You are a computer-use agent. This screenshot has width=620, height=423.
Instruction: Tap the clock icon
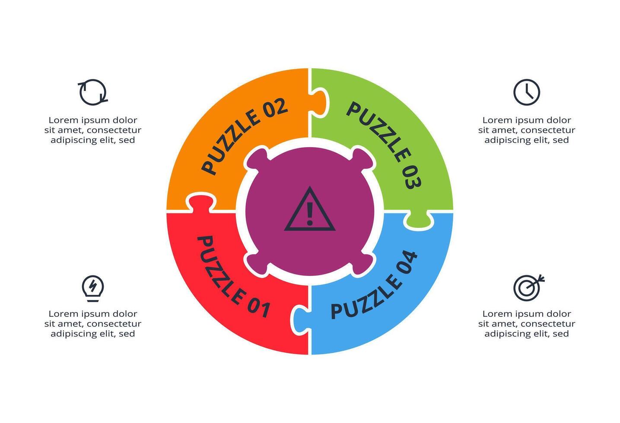(x=526, y=92)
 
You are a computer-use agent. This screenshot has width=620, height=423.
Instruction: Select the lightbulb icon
(x=93, y=288)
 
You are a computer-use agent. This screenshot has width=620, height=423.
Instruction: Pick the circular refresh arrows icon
(x=93, y=92)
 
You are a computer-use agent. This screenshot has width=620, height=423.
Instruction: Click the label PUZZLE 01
(x=233, y=277)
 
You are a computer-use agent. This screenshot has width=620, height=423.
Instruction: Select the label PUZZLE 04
(x=374, y=285)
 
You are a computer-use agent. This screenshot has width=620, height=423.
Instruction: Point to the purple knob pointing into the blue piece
(x=362, y=264)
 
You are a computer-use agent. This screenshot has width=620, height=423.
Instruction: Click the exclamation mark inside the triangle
(x=310, y=213)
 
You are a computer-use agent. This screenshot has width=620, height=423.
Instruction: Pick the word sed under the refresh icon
(x=127, y=140)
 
